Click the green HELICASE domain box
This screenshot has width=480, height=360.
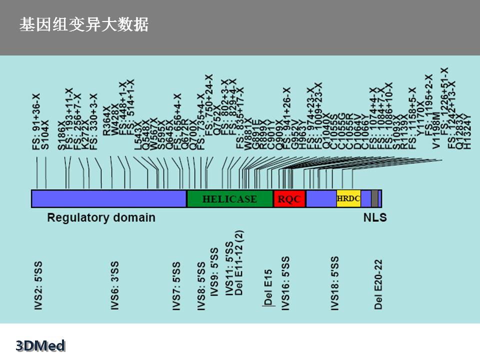(x=229, y=199)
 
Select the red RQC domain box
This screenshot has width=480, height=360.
(x=289, y=199)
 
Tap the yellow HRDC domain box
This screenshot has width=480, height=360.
(x=348, y=199)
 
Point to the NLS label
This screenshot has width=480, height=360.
(x=374, y=217)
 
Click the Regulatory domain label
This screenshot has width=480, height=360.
(x=101, y=217)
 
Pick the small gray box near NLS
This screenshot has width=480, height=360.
(x=374, y=198)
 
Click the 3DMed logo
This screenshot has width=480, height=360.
(x=40, y=345)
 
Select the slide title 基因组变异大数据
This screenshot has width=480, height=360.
(x=83, y=25)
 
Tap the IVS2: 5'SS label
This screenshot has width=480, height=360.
(x=38, y=285)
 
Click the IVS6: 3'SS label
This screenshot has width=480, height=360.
(x=115, y=285)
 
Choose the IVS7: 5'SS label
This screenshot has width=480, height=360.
(x=176, y=285)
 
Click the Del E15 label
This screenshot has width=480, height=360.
(x=268, y=287)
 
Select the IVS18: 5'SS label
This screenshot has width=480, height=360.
(x=335, y=283)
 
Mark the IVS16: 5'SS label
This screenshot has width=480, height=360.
(x=285, y=283)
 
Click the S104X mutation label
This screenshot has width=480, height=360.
(x=45, y=134)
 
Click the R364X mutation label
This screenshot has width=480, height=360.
(x=106, y=127)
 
